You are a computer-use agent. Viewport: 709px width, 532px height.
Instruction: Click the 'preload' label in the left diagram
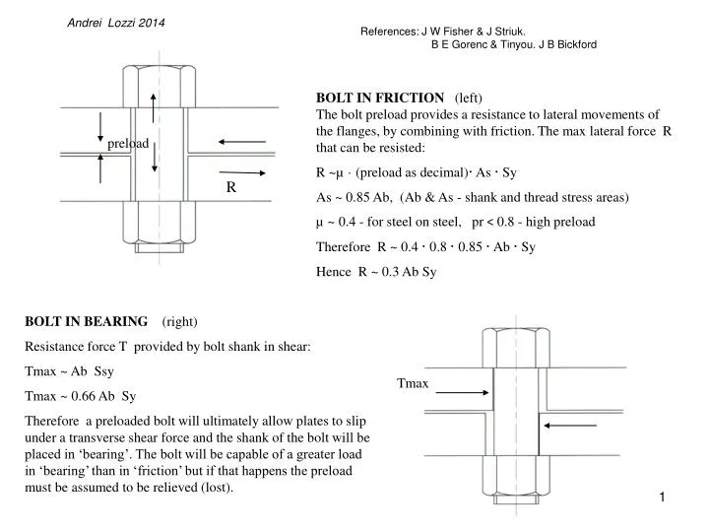click(128, 144)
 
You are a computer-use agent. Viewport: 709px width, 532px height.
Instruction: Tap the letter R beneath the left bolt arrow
click(228, 185)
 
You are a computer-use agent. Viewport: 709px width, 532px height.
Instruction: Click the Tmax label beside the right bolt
click(413, 382)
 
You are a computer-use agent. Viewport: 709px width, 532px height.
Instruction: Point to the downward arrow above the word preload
click(100, 125)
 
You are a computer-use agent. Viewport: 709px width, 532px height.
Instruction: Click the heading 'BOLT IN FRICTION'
click(379, 98)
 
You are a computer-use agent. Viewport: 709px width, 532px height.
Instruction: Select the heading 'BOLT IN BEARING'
click(87, 321)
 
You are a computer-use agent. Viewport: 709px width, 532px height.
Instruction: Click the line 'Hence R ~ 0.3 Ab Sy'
click(375, 272)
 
